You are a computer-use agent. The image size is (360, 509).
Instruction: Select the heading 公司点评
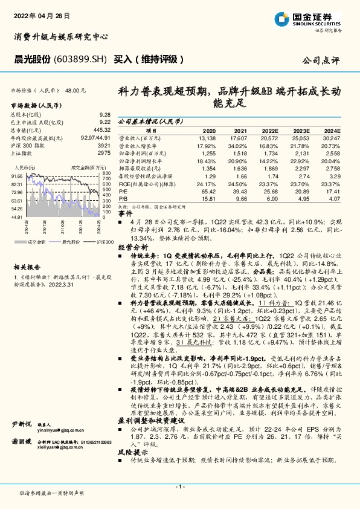[x=321, y=60]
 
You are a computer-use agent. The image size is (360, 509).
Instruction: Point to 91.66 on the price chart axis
[x=17, y=176]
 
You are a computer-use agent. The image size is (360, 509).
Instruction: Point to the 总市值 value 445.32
[x=101, y=129]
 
